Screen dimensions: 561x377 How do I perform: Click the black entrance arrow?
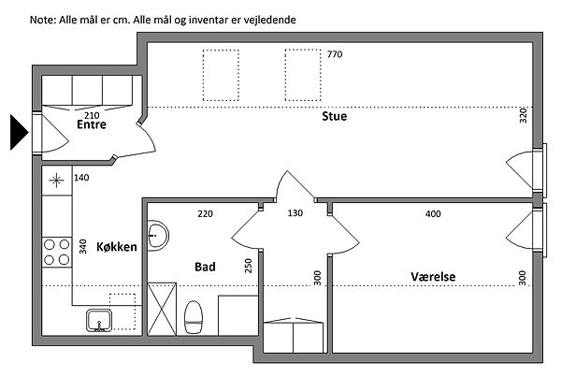tap(18, 132)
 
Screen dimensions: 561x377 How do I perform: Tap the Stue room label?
tap(334, 116)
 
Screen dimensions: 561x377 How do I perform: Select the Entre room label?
tap(92, 124)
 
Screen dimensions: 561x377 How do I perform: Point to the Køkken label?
tap(117, 247)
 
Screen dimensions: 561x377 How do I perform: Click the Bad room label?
tap(205, 267)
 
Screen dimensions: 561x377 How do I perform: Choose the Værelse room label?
tap(433, 277)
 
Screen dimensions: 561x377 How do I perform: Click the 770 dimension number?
tap(335, 54)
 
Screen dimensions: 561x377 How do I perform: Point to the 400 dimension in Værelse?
tap(433, 214)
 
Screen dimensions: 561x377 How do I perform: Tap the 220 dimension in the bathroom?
tap(205, 214)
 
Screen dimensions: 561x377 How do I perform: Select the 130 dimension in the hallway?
tap(295, 213)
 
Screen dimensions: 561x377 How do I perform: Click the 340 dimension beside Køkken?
tap(83, 247)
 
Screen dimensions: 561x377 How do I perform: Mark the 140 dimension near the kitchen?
tap(81, 178)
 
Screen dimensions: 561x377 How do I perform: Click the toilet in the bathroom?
tap(194, 317)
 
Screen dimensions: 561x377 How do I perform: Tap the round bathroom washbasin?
tap(157, 236)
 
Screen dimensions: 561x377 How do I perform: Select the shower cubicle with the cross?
tap(162, 310)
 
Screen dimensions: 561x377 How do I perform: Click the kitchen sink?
tap(99, 321)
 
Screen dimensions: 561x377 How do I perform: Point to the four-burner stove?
tap(57, 252)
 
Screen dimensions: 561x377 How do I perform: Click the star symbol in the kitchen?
tap(56, 181)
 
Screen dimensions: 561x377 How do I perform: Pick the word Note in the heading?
tap(43, 20)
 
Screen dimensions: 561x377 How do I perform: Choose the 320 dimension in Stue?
tap(523, 116)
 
